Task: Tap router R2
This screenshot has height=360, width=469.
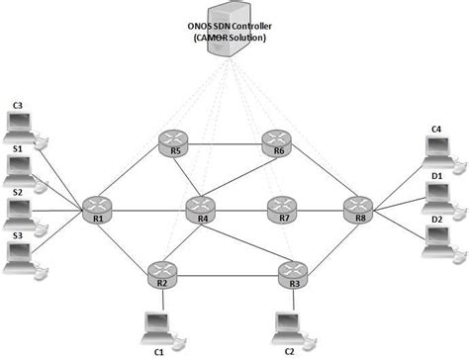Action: [161, 271]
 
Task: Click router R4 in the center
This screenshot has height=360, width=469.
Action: [201, 209]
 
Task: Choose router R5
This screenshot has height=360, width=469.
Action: [174, 144]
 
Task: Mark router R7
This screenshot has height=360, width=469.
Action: [283, 209]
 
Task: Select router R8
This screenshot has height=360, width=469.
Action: [358, 209]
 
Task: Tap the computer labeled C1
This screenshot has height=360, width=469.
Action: [156, 323]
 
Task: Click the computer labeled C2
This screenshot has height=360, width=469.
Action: [288, 323]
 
